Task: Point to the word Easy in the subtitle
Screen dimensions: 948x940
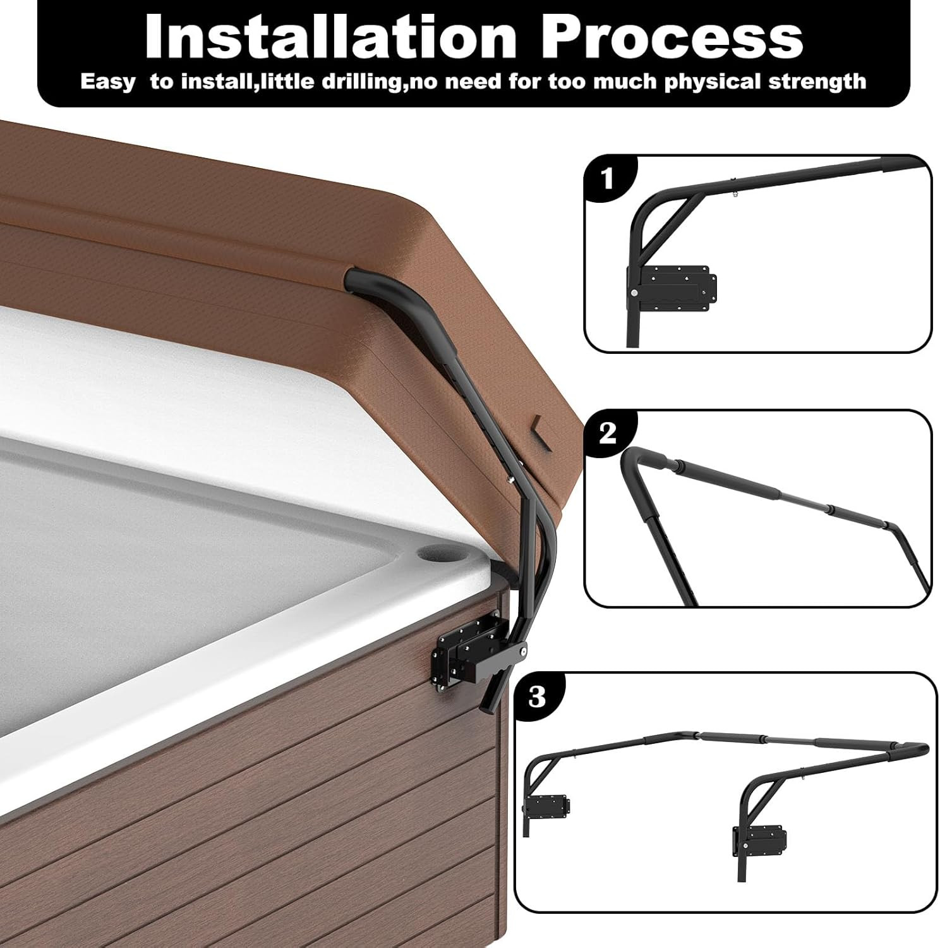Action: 107,82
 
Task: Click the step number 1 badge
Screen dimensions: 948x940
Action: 608,179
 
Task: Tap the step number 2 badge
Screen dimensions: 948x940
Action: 607,434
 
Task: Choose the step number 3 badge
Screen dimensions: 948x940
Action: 538,697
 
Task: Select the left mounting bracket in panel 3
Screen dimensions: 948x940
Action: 548,805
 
